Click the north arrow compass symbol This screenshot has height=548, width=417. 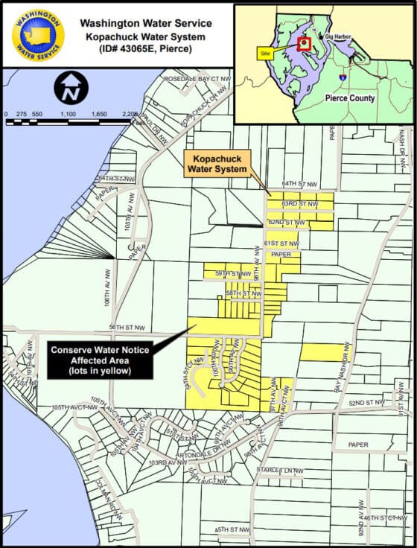coord(69,90)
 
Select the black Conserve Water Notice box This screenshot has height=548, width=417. coord(101,359)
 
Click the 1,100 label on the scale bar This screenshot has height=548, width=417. coord(68,114)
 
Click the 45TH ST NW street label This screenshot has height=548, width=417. coord(231,529)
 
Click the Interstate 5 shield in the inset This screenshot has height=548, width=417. coord(342,76)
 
